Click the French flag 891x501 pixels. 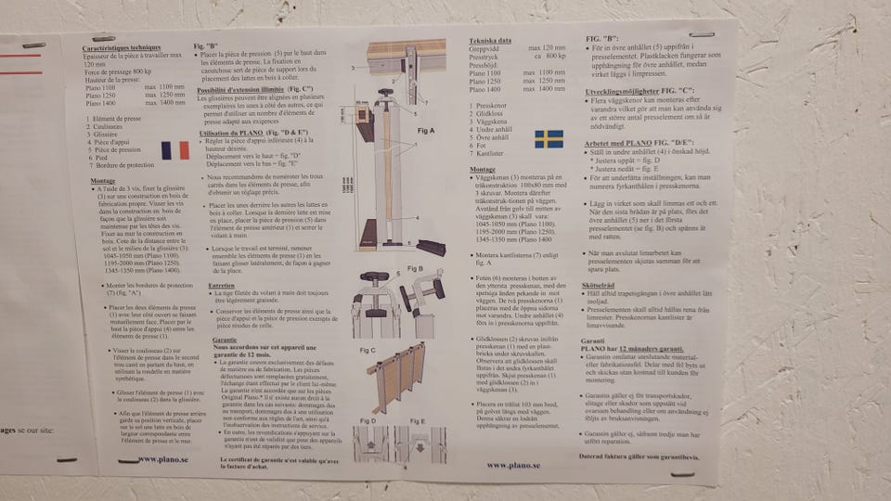tap(174, 150)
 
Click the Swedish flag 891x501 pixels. tap(549, 138)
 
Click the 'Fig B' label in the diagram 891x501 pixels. tap(415, 269)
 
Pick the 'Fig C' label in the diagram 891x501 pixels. tap(366, 350)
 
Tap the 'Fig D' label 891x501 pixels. tap(367, 420)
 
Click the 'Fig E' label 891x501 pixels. tap(417, 420)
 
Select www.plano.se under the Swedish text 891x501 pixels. tap(508, 464)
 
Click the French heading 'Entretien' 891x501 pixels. tap(222, 284)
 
